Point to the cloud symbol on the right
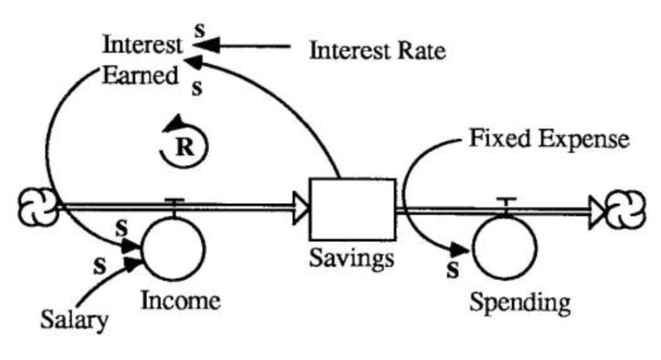point(627,208)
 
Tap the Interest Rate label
point(377,52)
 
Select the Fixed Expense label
point(547,138)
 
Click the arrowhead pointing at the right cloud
point(596,209)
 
